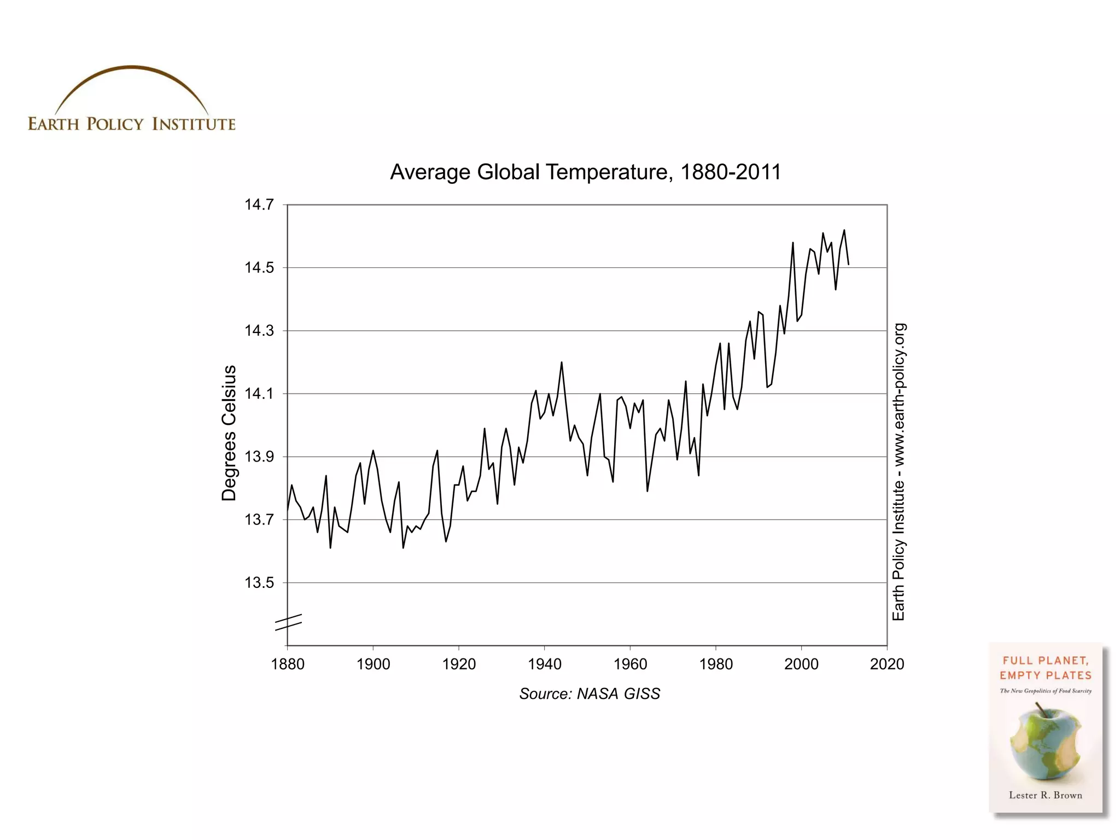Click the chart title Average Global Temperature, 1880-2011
pos(585,172)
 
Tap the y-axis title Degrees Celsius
pos(229,433)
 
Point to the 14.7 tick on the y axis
pos(259,205)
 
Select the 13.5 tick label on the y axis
pos(259,583)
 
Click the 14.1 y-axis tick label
pos(259,394)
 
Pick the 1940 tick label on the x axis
pos(544,664)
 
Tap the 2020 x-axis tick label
pos(886,664)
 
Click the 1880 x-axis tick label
pos(288,664)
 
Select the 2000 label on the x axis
pos(801,664)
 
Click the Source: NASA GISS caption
pos(590,694)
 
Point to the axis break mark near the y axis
pos(288,622)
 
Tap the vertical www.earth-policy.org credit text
pos(899,471)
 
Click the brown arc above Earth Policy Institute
pos(131,69)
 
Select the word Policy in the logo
pos(115,124)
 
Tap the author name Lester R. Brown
pos(1045,795)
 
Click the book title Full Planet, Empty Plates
pos(1045,668)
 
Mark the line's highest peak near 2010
pos(844,230)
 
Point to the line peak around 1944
pos(561,362)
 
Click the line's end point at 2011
pos(848,265)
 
